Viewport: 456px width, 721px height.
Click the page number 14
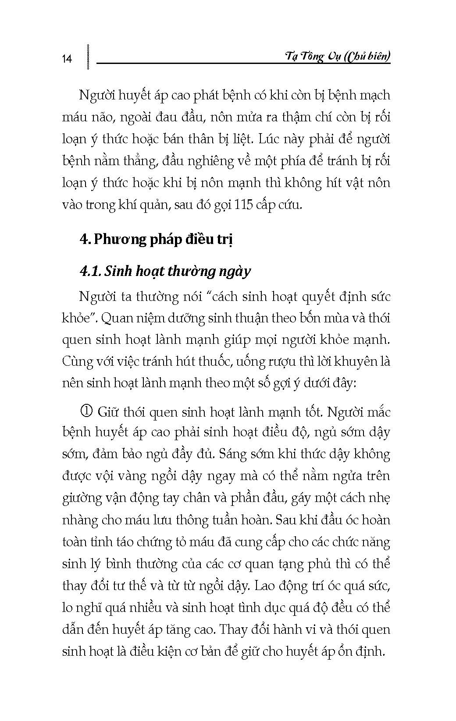point(67,59)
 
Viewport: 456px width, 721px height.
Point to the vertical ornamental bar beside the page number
point(89,57)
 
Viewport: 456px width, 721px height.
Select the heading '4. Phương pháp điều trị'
point(156,240)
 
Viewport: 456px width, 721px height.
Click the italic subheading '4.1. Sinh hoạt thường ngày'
point(165,271)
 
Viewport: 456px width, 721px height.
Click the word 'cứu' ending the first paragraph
point(292,205)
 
